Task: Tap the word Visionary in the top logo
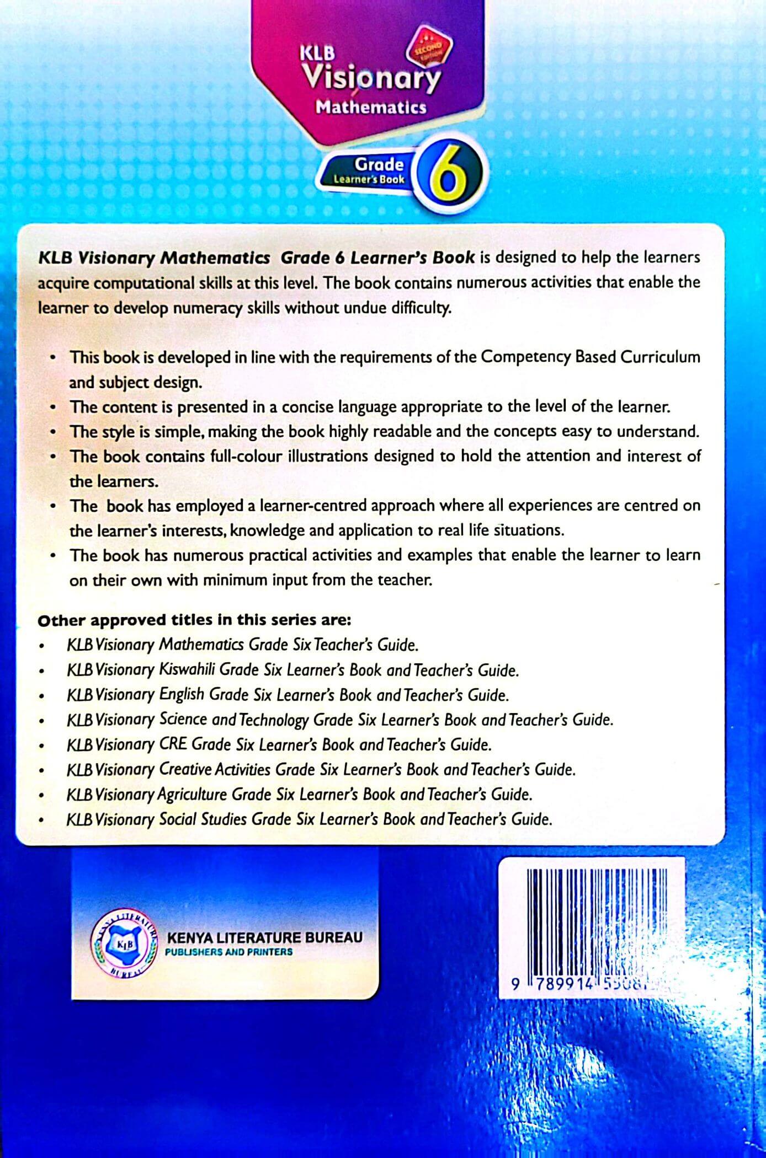coord(372,78)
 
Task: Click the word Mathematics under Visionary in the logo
coord(371,107)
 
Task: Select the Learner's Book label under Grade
coord(369,179)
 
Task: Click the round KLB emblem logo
coord(123,945)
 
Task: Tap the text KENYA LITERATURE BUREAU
coord(264,937)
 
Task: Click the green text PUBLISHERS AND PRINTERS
coord(229,952)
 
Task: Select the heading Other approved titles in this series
coord(194,620)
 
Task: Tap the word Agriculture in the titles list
coord(192,795)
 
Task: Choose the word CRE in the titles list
coord(172,744)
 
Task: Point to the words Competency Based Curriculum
coord(591,357)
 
